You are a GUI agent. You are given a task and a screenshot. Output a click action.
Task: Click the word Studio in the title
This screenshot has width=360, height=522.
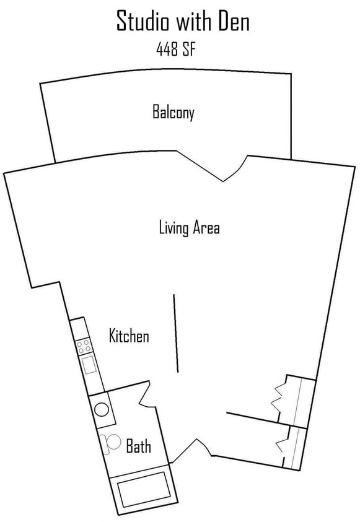(143, 23)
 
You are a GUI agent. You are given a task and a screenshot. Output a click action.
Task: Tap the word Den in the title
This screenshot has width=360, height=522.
(232, 23)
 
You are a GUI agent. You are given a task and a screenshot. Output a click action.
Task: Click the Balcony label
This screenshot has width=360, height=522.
(173, 112)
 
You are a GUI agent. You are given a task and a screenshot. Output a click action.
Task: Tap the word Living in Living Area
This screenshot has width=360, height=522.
(173, 228)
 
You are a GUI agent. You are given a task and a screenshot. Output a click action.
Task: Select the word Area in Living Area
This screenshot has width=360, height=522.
(206, 228)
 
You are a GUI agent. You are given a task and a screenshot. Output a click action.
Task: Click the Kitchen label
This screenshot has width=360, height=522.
(129, 336)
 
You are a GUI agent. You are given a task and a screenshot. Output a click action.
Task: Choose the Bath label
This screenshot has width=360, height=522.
(138, 446)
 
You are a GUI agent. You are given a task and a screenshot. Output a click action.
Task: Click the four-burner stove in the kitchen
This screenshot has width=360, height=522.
(84, 346)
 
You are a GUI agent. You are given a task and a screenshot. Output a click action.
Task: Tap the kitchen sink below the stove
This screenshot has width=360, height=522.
(89, 365)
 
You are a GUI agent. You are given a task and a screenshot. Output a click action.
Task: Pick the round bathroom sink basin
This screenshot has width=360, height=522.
(102, 409)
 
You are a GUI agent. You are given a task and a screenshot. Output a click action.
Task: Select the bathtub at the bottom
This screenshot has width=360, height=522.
(143, 489)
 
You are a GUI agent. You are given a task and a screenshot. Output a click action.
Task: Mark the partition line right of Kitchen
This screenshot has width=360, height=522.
(176, 333)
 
